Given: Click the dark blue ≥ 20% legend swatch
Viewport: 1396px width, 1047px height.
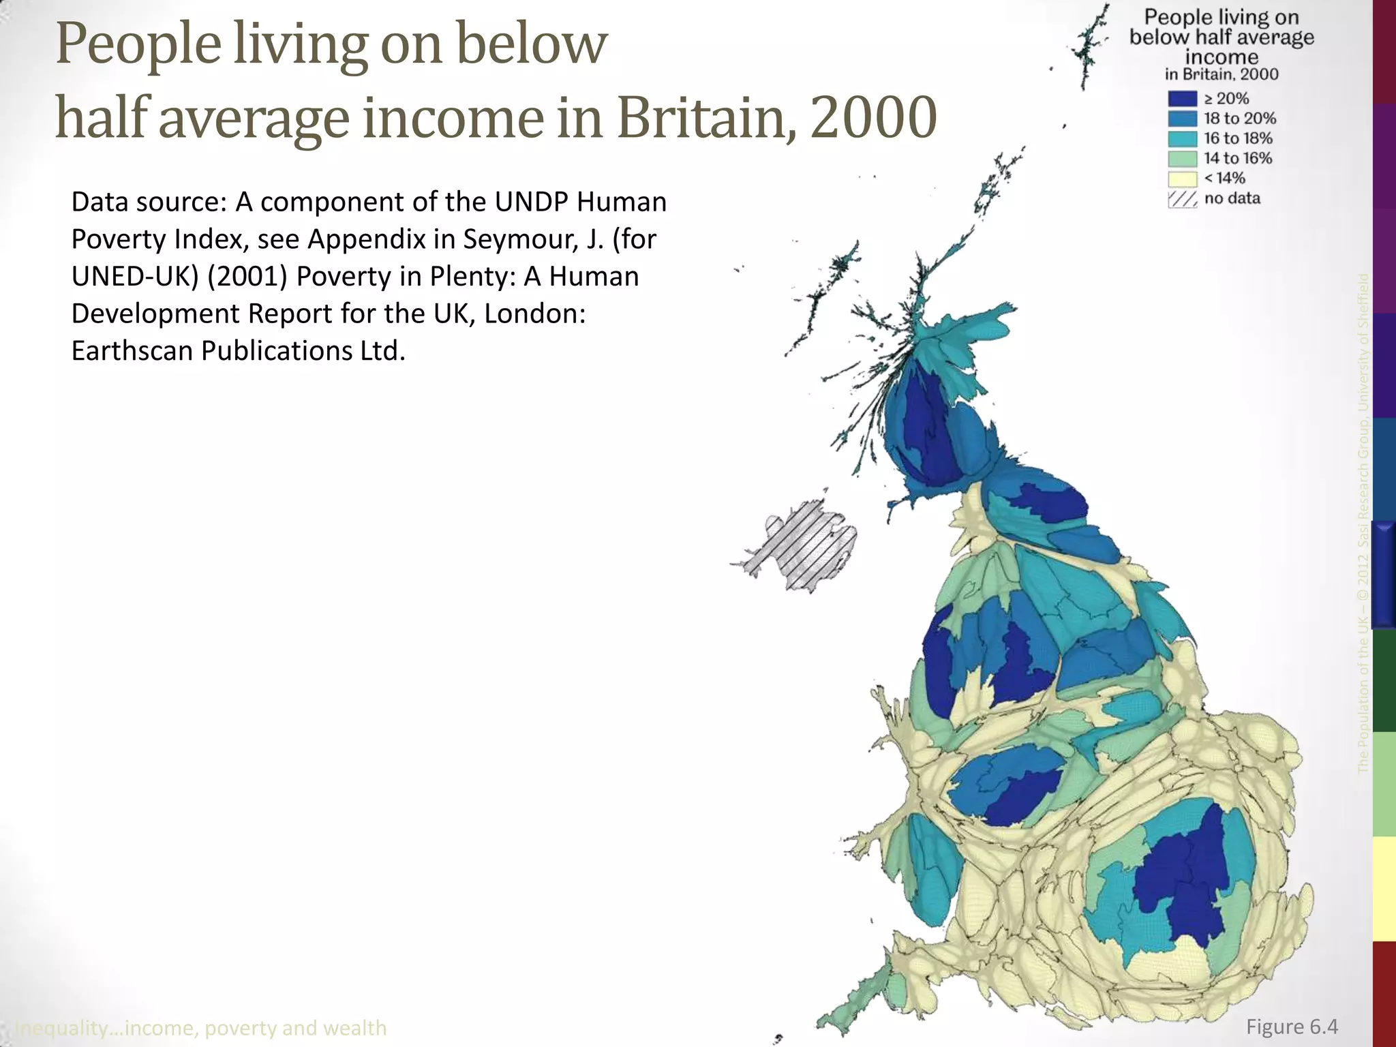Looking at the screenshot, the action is (x=1182, y=99).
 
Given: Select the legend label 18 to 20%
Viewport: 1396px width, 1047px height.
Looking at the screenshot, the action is (x=1239, y=119).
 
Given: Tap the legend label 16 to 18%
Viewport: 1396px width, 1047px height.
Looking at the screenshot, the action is (x=1238, y=138).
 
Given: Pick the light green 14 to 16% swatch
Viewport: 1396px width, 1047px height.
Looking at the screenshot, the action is (x=1182, y=159).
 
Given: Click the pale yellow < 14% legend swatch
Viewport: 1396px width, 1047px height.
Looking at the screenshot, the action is (x=1182, y=179).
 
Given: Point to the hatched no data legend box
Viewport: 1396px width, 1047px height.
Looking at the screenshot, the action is (x=1182, y=199).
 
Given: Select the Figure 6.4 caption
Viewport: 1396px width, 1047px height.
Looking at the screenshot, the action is (x=1292, y=1027).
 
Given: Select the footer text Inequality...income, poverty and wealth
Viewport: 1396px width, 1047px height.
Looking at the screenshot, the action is (x=200, y=1027).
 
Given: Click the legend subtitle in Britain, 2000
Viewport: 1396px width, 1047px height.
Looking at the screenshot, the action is (x=1221, y=74).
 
